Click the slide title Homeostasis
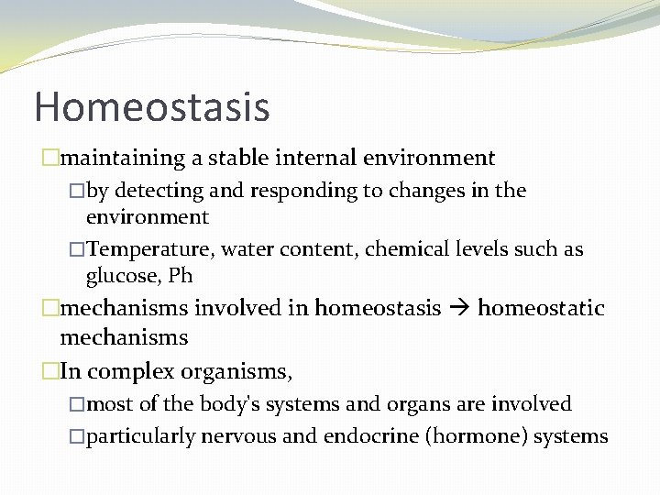point(152,106)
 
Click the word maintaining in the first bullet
point(123,159)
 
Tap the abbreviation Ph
point(180,275)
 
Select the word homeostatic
point(541,308)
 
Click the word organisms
point(237,371)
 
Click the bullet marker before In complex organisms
point(49,371)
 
